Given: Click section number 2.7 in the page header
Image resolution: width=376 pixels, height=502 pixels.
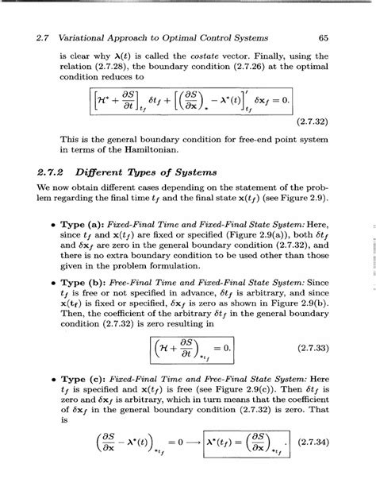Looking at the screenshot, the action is pyautogui.click(x=36, y=37).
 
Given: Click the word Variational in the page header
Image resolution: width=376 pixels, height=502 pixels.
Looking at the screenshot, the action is pyautogui.click(x=82, y=37).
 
